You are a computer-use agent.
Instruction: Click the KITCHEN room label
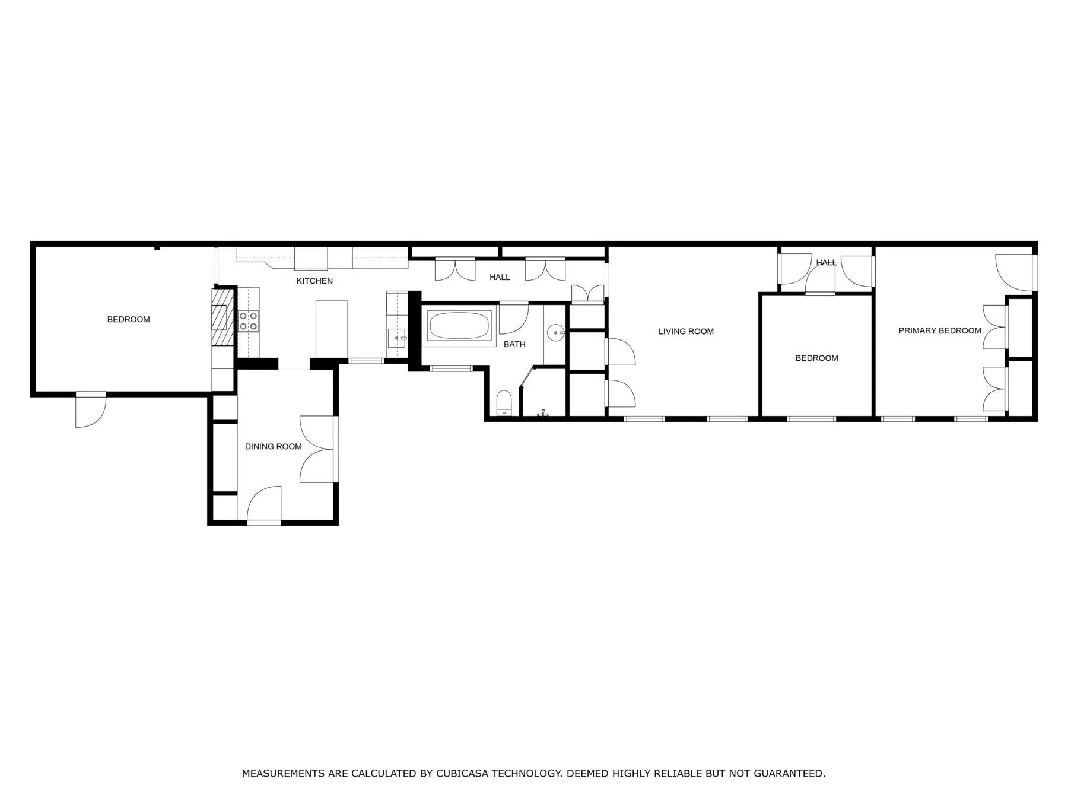314,281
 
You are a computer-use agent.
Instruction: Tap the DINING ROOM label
273,446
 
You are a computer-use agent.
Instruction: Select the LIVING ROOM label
686,331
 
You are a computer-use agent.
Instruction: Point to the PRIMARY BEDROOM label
940,330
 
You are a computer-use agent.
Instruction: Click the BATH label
514,344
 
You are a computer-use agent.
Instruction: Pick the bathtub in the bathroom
459,326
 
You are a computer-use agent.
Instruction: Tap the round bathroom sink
555,333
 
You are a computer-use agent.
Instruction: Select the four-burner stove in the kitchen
249,321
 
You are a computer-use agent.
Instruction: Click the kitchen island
331,329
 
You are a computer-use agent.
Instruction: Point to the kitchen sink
396,338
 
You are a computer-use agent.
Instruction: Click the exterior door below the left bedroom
91,409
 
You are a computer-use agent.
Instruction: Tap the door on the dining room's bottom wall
264,505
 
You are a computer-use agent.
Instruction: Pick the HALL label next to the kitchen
500,277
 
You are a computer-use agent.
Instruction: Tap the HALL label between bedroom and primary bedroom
826,262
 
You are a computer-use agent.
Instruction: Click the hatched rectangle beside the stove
223,317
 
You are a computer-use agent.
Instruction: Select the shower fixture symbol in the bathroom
543,412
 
